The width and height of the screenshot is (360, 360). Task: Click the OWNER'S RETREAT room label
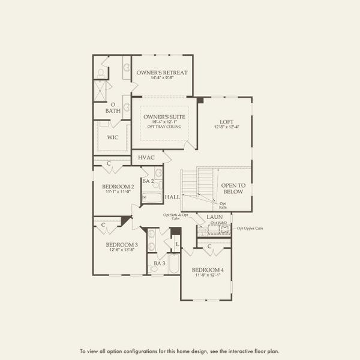162,73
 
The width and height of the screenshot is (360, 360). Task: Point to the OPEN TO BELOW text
232,188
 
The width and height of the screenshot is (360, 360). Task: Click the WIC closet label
113,137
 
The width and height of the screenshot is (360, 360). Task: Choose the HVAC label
146,158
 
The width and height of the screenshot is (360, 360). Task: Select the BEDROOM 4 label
208,270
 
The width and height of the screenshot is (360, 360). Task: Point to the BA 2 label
148,181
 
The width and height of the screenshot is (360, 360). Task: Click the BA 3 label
159,263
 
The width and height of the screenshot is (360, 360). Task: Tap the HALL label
173,197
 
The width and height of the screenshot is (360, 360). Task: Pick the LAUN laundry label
215,217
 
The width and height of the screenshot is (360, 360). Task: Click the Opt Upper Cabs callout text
250,229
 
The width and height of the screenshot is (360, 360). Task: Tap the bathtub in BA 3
173,263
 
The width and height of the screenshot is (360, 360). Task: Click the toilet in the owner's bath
101,73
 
